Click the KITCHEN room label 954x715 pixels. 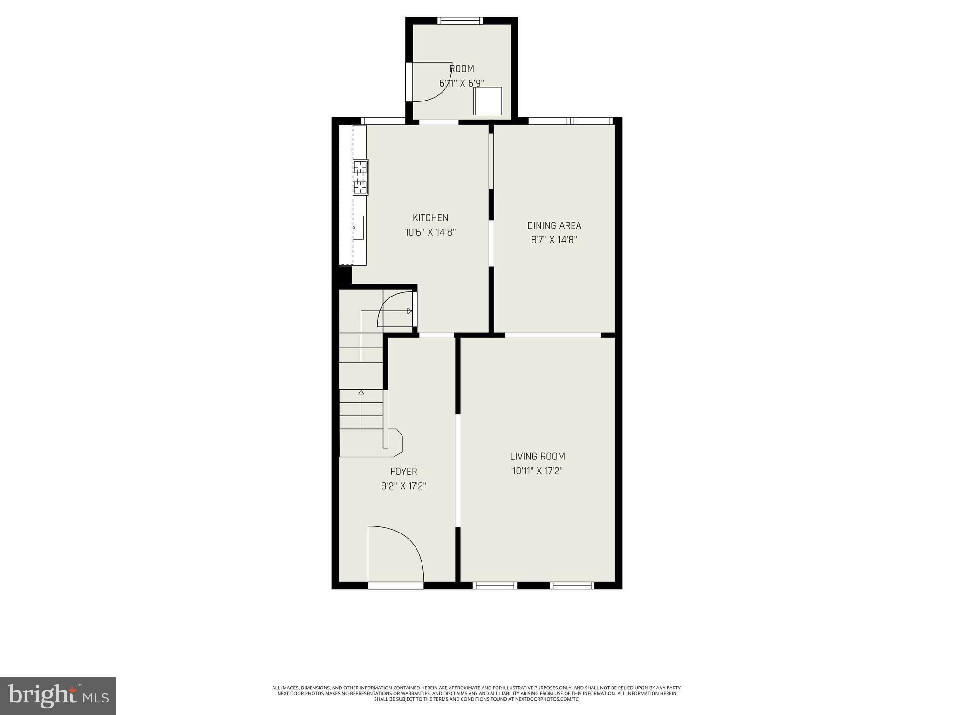[x=430, y=217]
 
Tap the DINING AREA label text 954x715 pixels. [x=554, y=226]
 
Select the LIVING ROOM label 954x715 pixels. [x=537, y=457]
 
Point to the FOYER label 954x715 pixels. [x=403, y=472]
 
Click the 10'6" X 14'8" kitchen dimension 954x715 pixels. [x=430, y=232]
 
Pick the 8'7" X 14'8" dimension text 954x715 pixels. [x=554, y=240]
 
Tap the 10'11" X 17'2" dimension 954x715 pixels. [x=537, y=471]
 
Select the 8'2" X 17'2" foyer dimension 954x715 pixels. [x=403, y=486]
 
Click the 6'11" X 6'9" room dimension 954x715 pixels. [x=461, y=83]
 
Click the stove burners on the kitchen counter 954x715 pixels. [x=360, y=177]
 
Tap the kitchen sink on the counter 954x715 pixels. [x=358, y=228]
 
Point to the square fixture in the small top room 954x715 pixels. [x=488, y=101]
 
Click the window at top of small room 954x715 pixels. [x=460, y=20]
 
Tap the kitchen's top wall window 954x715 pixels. [x=382, y=121]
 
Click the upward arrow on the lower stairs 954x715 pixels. [x=361, y=392]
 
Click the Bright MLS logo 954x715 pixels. [x=58, y=695]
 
